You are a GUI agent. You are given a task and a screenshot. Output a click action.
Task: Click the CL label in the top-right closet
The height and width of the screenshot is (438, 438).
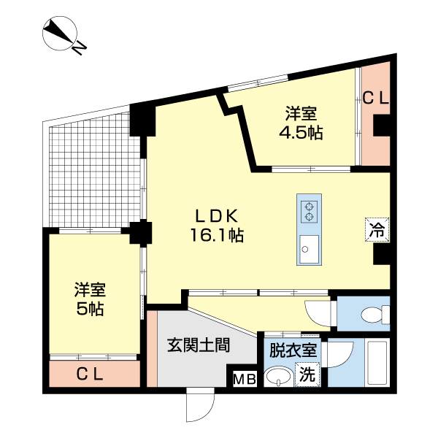coord(376,96)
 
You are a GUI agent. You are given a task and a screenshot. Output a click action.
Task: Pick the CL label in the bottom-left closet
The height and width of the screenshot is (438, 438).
coord(93,374)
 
